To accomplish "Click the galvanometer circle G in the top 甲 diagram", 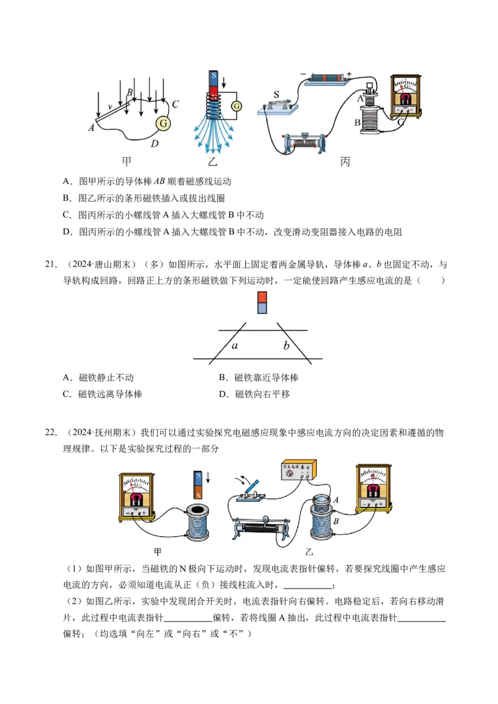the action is (163, 123).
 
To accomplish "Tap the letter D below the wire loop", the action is (154, 144).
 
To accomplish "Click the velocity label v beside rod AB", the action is (110, 107).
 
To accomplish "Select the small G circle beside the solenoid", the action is (237, 106).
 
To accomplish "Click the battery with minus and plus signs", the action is (327, 78).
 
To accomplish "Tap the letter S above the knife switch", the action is (276, 95).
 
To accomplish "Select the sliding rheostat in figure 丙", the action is (304, 143).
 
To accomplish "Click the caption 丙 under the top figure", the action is (345, 162).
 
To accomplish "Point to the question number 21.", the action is (51, 264).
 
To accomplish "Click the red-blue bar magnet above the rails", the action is (262, 302).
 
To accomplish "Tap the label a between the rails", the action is (235, 345).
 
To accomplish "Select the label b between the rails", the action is (286, 345).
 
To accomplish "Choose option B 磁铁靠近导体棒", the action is (259, 377).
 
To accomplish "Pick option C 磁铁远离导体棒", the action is (103, 394).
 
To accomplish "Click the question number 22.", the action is (51, 432).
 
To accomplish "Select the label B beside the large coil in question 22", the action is (336, 521).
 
